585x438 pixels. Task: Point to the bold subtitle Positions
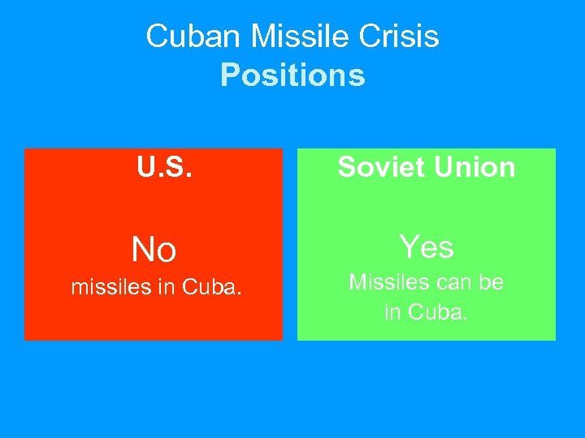point(292,75)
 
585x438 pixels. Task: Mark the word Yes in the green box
point(427,247)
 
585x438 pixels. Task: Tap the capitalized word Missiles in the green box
point(385,282)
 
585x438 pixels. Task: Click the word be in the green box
point(492,282)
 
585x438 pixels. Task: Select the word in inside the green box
point(392,311)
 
